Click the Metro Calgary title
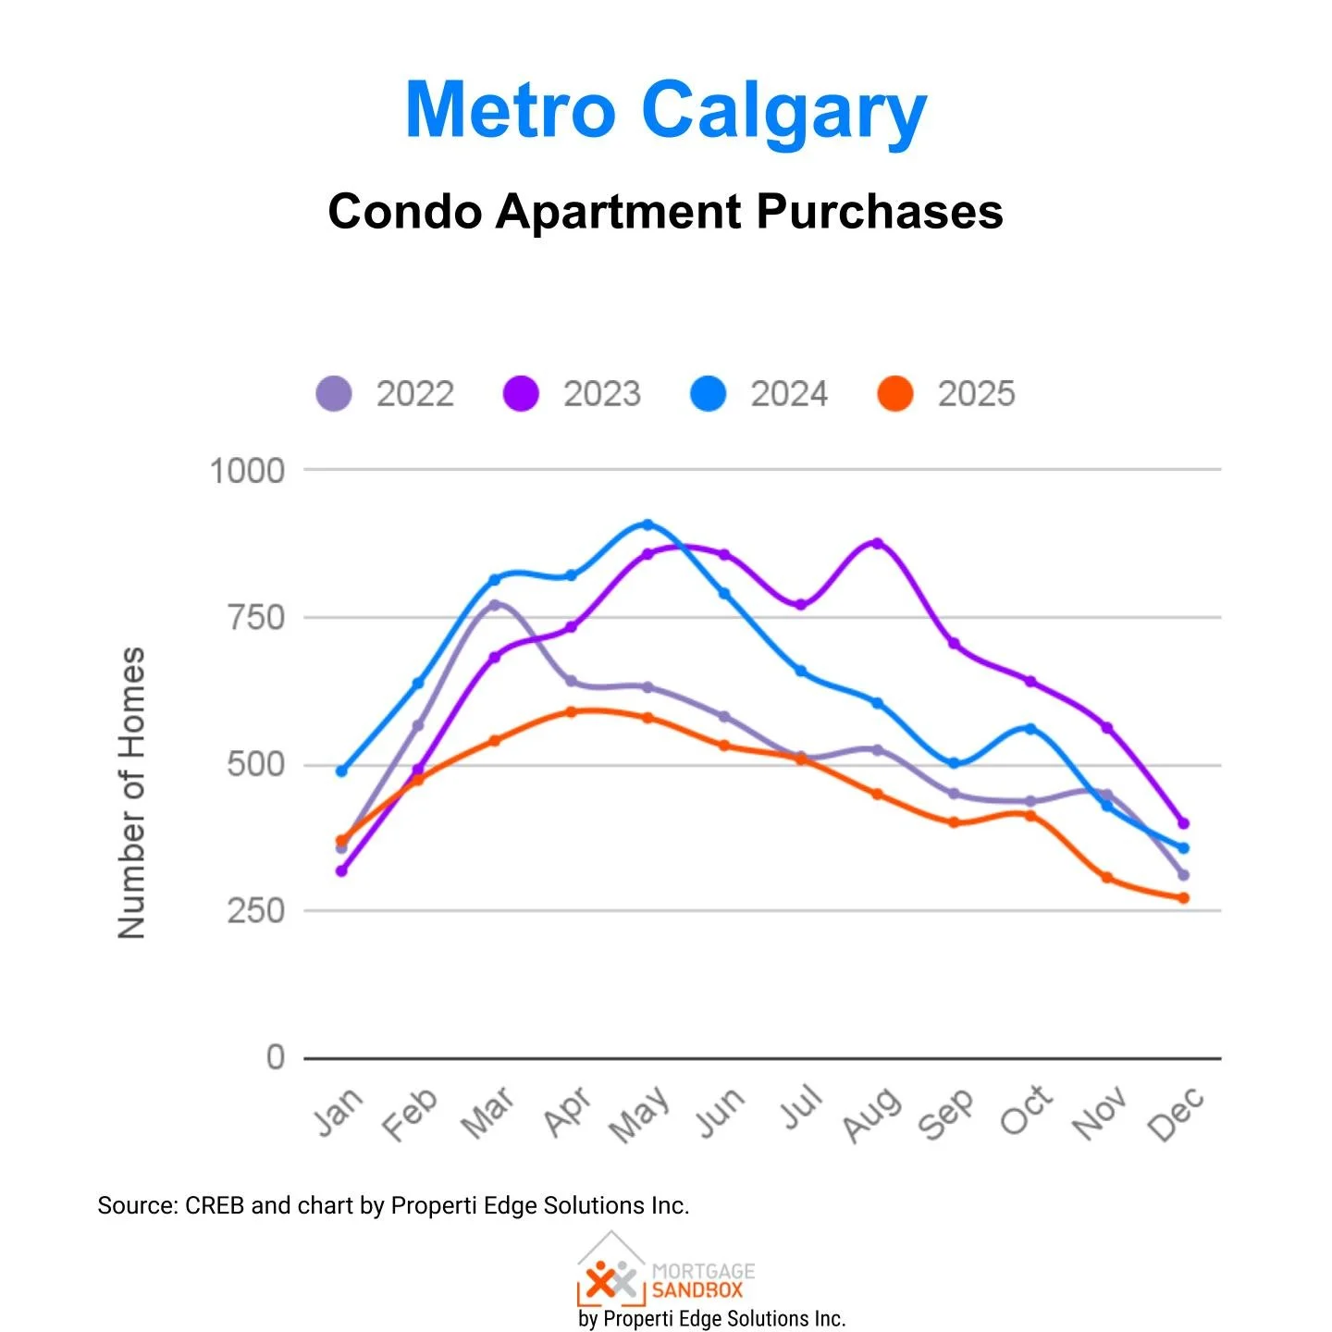(665, 111)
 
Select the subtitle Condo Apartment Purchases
(665, 212)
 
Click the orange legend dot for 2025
(894, 394)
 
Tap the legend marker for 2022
(334, 394)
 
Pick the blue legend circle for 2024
(708, 394)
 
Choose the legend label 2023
(602, 394)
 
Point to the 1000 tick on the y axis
(247, 471)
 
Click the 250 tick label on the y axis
(255, 911)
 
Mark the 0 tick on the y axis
(275, 1057)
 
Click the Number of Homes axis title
(132, 793)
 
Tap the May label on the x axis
(639, 1114)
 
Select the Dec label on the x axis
(1176, 1114)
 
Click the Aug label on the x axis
(871, 1114)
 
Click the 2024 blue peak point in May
(647, 524)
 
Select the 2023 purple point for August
(877, 543)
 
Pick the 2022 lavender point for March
(494, 605)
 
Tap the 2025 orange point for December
(1183, 898)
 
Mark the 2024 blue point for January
(341, 771)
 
